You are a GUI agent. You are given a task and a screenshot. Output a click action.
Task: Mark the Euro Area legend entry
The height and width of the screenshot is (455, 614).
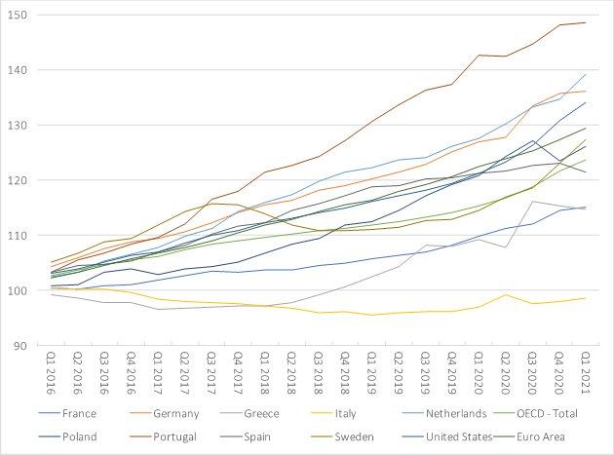556,436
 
